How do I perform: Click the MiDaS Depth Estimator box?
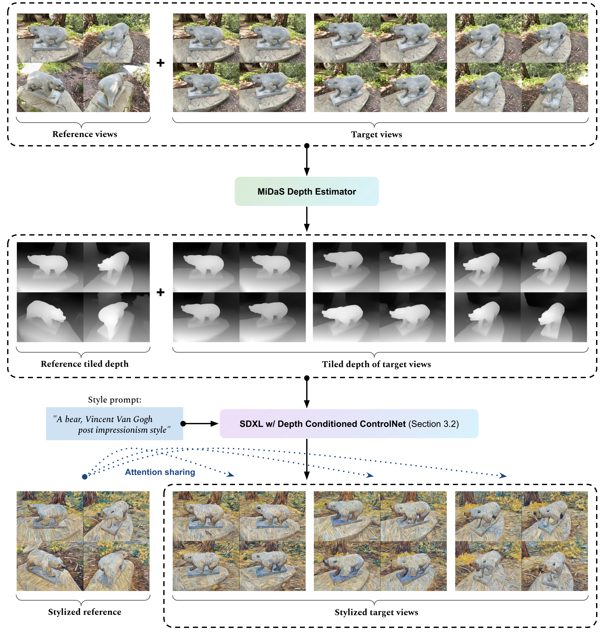(306, 191)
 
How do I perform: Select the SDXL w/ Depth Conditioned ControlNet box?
(349, 424)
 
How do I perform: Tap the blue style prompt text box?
(114, 424)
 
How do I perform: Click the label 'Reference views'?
(85, 134)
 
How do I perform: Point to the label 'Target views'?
(376, 134)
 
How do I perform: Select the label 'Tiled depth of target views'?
(376, 364)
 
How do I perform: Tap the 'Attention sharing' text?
(160, 472)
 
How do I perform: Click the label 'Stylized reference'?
(85, 612)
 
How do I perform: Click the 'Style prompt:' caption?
(114, 400)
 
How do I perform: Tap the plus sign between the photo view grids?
(160, 63)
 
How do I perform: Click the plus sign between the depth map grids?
(160, 293)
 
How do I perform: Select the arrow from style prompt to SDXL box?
(201, 424)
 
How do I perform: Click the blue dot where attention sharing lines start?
(85, 477)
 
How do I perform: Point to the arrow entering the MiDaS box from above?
(307, 161)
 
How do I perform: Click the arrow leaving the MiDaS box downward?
(307, 219)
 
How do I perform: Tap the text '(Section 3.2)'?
(434, 424)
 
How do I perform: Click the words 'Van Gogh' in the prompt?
(138, 419)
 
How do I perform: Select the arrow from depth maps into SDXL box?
(307, 393)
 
